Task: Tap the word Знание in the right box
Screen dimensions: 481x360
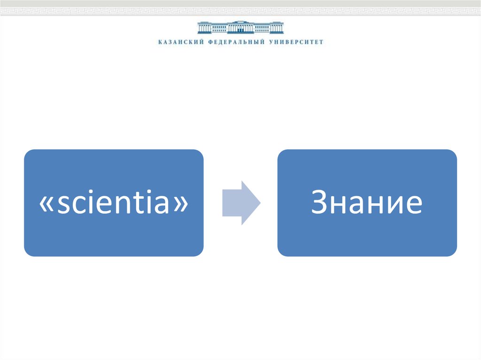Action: tap(367, 201)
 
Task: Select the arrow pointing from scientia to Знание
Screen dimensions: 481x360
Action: tap(241, 203)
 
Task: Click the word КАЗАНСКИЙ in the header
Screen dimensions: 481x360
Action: tap(181, 42)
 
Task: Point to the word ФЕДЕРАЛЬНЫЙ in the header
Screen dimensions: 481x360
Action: tap(236, 42)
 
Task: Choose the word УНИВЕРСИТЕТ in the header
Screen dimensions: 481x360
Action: tap(296, 42)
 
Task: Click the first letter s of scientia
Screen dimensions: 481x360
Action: tap(64, 204)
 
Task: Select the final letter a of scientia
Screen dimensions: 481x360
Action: tap(162, 204)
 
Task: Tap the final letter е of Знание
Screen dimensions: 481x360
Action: tap(414, 204)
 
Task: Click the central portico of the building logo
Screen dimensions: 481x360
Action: tap(240, 27)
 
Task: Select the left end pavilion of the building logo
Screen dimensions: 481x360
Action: tap(203, 28)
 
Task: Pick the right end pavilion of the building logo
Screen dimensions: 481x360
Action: tap(278, 28)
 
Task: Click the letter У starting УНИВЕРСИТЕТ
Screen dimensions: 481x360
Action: tap(271, 42)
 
